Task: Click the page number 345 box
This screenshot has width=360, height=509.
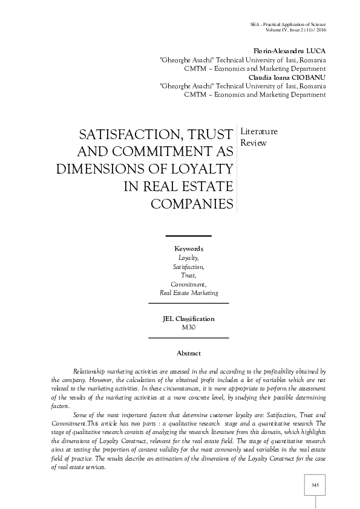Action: tap(315, 485)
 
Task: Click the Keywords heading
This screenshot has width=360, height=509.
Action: tap(189, 249)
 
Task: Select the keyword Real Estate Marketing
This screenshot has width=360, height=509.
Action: tap(189, 293)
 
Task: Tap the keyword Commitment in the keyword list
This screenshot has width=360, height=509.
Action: tap(188, 284)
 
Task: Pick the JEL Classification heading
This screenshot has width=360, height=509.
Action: tap(189, 319)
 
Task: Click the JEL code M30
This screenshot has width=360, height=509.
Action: tap(189, 327)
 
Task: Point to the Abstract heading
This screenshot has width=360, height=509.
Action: tap(189, 353)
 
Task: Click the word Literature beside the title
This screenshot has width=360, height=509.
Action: tap(259, 131)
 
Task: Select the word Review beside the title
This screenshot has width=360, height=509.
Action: tap(254, 143)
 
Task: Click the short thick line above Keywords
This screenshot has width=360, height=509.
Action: tap(188, 236)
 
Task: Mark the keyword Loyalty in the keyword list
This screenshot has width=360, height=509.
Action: tap(188, 258)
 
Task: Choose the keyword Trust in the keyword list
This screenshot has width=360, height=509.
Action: tap(188, 275)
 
